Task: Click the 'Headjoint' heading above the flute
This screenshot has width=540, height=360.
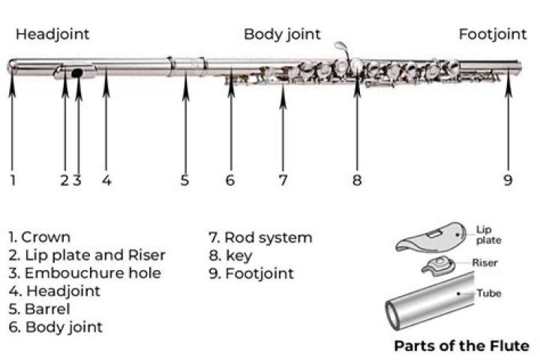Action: pyautogui.click(x=52, y=34)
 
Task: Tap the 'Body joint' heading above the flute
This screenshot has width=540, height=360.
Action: pyautogui.click(x=282, y=34)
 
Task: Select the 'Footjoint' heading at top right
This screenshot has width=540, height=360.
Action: pyautogui.click(x=493, y=34)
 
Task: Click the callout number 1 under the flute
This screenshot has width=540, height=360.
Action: pyautogui.click(x=12, y=180)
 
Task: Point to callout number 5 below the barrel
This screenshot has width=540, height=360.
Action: pyautogui.click(x=184, y=180)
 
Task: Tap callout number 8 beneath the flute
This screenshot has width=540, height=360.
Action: pyautogui.click(x=357, y=180)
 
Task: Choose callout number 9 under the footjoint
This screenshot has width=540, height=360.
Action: pyautogui.click(x=508, y=180)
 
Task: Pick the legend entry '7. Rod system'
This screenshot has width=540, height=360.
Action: pyautogui.click(x=260, y=238)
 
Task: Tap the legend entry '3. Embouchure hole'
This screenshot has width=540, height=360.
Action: pyautogui.click(x=85, y=273)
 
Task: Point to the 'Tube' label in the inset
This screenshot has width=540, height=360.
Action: pyautogui.click(x=489, y=293)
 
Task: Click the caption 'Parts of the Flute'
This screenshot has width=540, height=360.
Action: pyautogui.click(x=461, y=346)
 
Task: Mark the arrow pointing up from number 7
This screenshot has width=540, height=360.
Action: pyautogui.click(x=283, y=127)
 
